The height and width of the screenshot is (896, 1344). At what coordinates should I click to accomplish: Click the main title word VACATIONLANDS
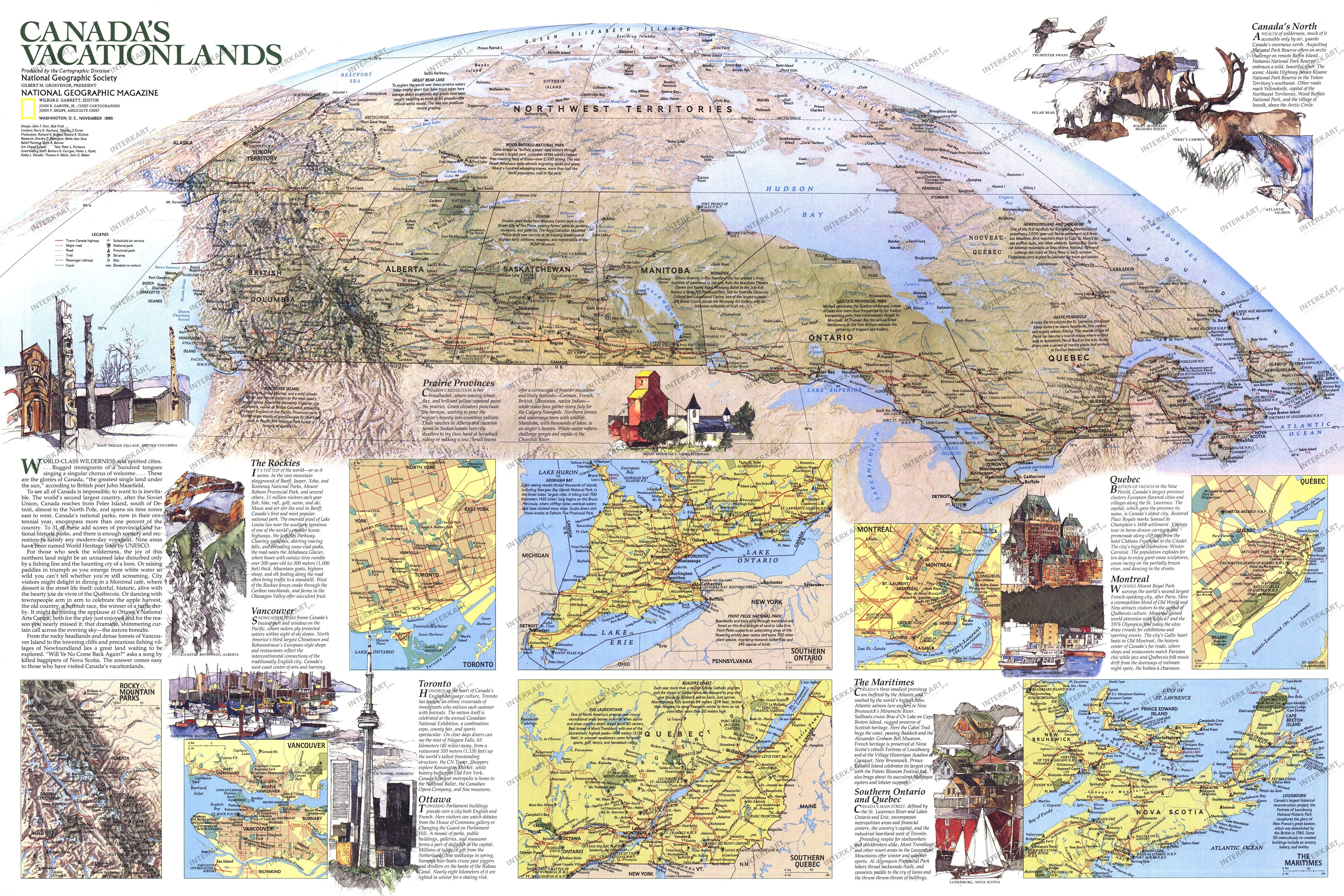pos(151,54)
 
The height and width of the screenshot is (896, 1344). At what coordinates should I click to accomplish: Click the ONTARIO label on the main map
pos(831,337)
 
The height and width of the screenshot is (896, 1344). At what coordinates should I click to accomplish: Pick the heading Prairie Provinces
pos(459,383)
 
